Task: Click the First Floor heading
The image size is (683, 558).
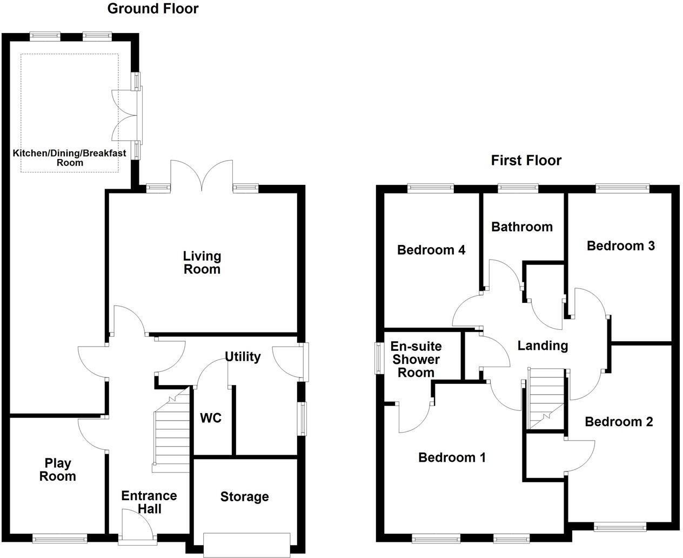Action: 526,161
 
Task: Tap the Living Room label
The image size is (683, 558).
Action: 202,262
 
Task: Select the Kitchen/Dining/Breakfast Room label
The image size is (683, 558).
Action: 70,157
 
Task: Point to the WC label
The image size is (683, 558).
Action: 211,418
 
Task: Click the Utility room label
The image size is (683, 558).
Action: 243,356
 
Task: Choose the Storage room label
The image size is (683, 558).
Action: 244,496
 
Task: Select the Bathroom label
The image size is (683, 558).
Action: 521,227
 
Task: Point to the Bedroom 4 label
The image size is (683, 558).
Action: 431,250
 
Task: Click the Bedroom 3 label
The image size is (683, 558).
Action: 620,245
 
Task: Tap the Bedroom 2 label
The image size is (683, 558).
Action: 619,421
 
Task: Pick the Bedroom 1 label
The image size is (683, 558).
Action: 452,457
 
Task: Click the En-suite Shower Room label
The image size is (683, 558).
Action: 416,359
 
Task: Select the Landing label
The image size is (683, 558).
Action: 543,346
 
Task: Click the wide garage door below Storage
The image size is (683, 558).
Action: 246,544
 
